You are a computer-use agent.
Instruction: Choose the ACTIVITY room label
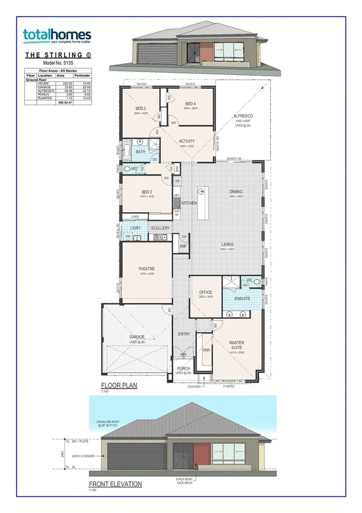click(x=187, y=141)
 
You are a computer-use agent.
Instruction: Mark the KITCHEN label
click(x=189, y=203)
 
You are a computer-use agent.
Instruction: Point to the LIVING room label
click(x=227, y=244)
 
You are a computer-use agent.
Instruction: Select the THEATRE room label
click(x=146, y=269)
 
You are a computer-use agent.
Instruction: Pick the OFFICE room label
click(x=205, y=292)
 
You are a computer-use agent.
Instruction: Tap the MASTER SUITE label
click(x=236, y=345)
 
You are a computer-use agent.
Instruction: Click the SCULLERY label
click(x=160, y=227)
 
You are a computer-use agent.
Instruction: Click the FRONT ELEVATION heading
click(x=115, y=484)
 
